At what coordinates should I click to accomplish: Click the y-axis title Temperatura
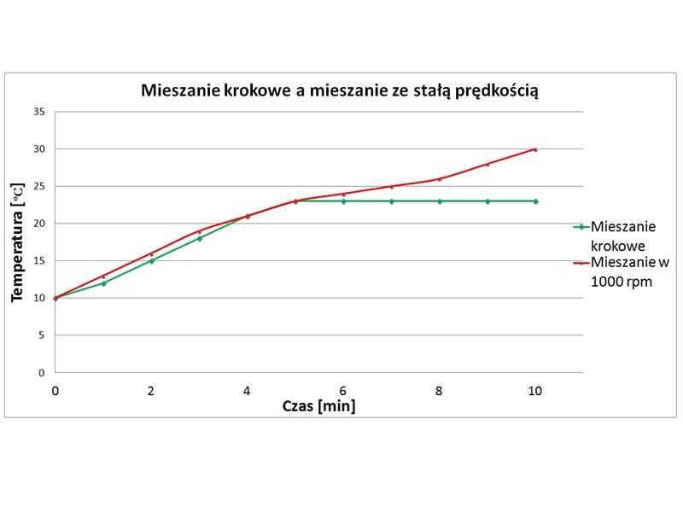(x=16, y=241)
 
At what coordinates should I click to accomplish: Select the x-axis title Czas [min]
(x=319, y=406)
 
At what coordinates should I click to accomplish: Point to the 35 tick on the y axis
(x=39, y=111)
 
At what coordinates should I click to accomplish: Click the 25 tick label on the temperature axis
(x=39, y=186)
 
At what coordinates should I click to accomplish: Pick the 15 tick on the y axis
(x=39, y=260)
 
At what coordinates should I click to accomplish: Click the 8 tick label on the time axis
(x=440, y=391)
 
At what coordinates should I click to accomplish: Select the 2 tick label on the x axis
(x=151, y=391)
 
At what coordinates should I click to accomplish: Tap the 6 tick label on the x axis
(x=343, y=391)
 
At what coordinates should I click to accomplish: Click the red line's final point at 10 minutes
(x=535, y=149)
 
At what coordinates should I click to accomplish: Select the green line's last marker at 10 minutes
(x=535, y=201)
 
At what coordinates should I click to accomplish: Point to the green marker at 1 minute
(x=103, y=283)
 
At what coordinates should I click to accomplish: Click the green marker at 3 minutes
(x=200, y=238)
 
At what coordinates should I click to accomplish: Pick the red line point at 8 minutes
(x=440, y=179)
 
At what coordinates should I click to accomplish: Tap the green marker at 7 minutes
(x=392, y=201)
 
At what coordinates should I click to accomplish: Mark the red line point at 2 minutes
(x=151, y=253)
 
